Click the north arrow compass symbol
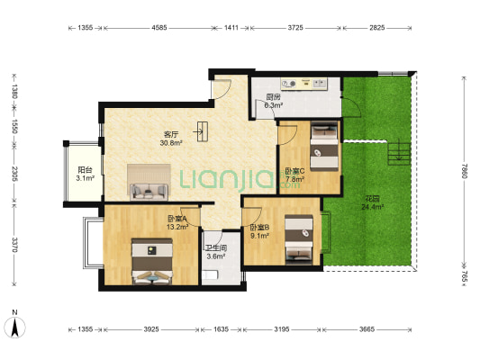point(14,327)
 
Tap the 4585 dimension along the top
point(159,28)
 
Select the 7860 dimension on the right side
point(465,171)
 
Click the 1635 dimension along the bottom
point(221,329)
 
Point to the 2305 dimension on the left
point(14,174)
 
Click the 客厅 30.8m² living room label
point(171,139)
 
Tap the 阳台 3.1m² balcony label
point(85,174)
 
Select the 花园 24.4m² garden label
point(373,203)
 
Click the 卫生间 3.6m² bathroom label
point(216,252)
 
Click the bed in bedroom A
point(152,261)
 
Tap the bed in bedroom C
point(324,146)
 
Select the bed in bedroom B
point(299,239)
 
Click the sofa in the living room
point(149,192)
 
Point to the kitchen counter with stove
point(304,83)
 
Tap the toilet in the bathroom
point(210,274)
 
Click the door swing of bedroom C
point(288,135)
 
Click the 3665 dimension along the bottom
point(367,329)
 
